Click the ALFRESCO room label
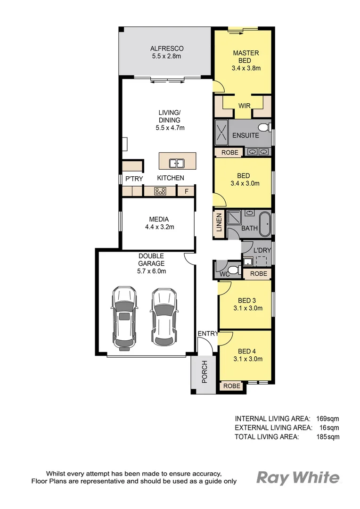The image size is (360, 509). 166,49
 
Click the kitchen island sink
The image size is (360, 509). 177,164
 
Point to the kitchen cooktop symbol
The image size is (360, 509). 160,191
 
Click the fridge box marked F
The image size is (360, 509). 186,191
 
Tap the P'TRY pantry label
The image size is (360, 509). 131,179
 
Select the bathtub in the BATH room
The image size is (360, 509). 265,224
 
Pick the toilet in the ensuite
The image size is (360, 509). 264,127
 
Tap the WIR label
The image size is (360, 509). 244,106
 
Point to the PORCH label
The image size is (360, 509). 205,371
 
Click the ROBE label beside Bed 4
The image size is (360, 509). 231,386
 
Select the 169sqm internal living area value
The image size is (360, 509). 327,418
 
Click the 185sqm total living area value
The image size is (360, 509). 327,437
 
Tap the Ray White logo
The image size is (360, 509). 298,478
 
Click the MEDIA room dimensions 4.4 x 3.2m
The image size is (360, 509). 158,227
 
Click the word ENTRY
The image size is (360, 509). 208,334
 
